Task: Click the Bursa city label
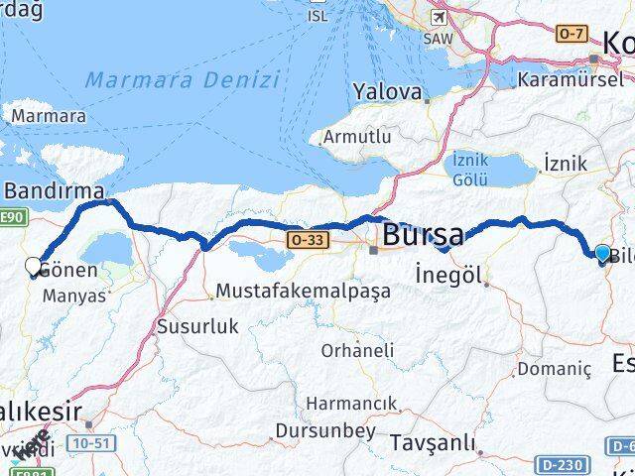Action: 423,237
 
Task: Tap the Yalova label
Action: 387,91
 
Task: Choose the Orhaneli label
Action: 357,350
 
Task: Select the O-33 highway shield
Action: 304,239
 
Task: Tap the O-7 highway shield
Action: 569,35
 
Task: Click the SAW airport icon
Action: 438,17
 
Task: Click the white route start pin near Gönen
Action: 33,266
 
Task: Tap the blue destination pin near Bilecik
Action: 602,254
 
